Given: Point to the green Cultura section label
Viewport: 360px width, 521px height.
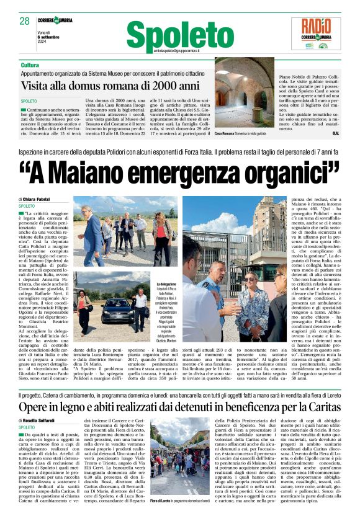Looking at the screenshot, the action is (x=30, y=65).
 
